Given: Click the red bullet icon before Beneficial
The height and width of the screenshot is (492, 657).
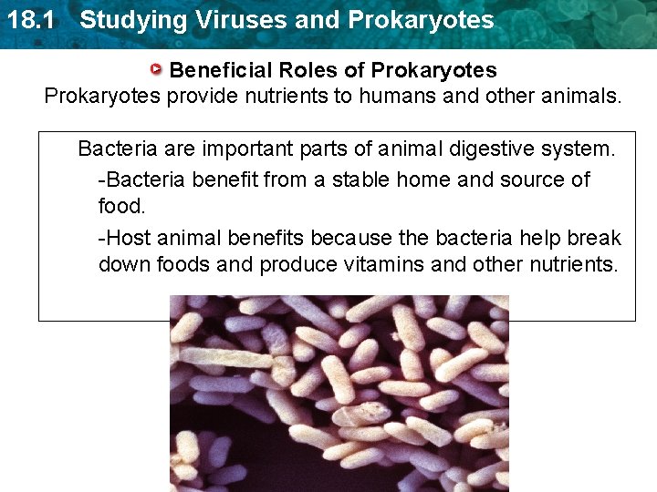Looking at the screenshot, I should (x=158, y=69).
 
